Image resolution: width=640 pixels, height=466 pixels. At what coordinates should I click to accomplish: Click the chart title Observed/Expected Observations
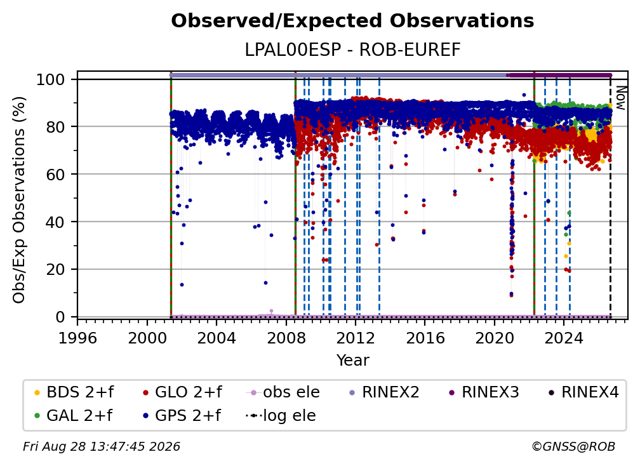tap(352, 21)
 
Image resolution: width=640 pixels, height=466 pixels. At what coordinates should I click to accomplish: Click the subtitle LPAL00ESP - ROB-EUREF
tap(352, 50)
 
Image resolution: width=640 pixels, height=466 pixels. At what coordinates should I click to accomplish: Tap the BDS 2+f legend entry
tap(74, 392)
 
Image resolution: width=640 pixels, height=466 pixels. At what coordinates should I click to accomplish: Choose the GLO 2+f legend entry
tap(182, 392)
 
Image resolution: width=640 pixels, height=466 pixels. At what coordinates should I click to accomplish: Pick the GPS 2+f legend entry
tap(182, 415)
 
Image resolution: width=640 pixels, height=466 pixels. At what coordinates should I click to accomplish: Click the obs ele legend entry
tap(283, 392)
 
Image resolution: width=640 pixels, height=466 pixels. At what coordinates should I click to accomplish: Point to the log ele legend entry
tap(281, 415)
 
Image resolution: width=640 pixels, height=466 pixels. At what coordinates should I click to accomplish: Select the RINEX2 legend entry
tap(385, 392)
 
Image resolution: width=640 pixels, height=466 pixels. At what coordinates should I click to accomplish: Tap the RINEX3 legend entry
tap(484, 392)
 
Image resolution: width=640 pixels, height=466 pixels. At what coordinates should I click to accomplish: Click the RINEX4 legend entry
tap(583, 392)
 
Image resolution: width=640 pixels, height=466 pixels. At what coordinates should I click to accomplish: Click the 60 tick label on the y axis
tap(55, 175)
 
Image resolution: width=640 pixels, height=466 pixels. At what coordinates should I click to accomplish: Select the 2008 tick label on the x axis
tap(286, 338)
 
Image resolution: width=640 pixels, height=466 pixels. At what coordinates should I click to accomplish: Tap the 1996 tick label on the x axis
tap(77, 338)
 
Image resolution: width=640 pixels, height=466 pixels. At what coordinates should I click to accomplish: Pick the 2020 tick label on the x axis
tap(494, 338)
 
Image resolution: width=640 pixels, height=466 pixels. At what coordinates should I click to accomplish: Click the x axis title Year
tap(352, 361)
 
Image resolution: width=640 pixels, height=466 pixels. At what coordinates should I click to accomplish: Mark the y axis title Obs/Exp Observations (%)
tap(19, 200)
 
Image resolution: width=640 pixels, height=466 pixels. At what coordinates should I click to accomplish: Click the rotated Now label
tap(620, 98)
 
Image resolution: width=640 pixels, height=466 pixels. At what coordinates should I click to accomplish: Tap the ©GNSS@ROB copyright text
tap(573, 446)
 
